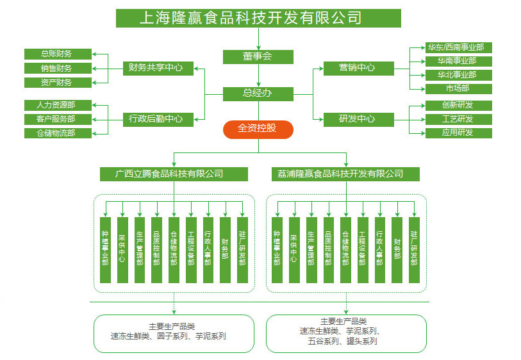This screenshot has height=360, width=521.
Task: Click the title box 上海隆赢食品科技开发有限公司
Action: [x=258, y=17]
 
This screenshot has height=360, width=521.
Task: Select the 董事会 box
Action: [x=258, y=56]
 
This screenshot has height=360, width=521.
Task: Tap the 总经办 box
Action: [x=258, y=94]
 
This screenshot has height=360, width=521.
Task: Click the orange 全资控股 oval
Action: [x=258, y=129]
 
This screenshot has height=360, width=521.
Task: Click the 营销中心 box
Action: [x=357, y=67]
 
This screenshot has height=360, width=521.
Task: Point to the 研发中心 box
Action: [x=357, y=119]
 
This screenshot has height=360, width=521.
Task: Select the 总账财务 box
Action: [x=57, y=54]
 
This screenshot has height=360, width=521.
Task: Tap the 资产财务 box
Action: [x=57, y=82]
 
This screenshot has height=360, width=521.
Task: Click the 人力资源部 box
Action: [x=57, y=104]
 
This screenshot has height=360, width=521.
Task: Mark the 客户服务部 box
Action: [x=57, y=119]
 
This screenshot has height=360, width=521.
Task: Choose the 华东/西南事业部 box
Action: [x=458, y=47]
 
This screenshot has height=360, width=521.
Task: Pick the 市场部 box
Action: [x=458, y=88]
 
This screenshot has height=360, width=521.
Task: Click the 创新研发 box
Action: [x=458, y=105]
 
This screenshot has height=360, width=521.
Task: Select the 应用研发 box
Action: [x=458, y=133]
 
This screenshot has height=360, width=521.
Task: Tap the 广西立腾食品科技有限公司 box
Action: [x=174, y=174]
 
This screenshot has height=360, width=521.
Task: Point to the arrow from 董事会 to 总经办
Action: [x=258, y=76]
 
